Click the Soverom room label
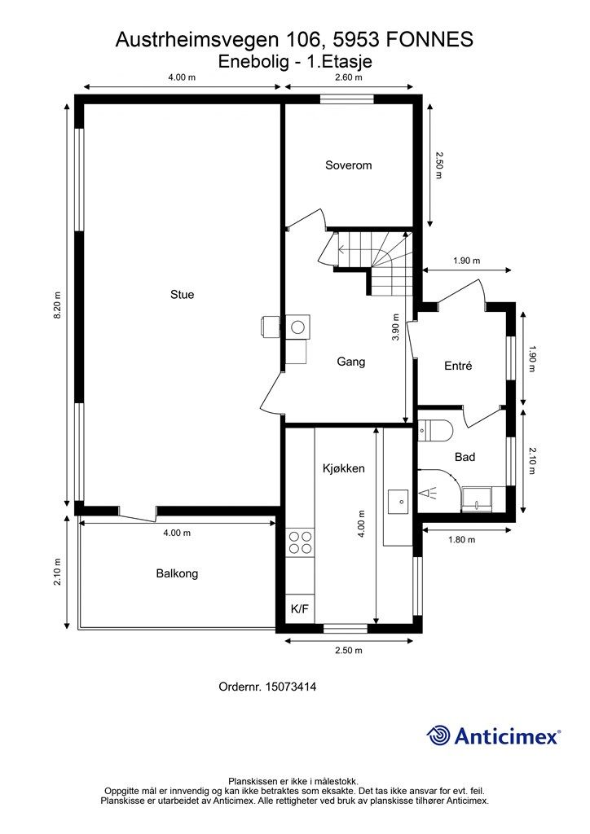pos(349,165)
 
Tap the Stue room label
pos(182,295)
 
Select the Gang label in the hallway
pos(351,362)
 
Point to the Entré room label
pos(458,366)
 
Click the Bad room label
pos(465,457)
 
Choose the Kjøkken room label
pos(344,468)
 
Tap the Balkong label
pos(177,573)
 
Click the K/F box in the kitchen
pos(300,609)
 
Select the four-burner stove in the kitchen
pos(300,542)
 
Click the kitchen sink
pos(398,502)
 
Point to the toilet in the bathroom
pos(434,430)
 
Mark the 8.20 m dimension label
pos(58,305)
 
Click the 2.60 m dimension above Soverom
pos(349,77)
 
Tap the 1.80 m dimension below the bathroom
pos(462,539)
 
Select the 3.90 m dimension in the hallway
pos(395,329)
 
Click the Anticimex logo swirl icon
pos(438,735)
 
